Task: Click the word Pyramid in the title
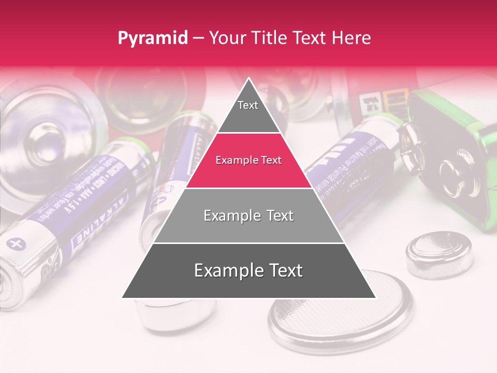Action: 152,38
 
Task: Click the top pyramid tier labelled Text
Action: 248,109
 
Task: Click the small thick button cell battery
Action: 439,254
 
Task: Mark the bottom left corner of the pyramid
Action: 123,297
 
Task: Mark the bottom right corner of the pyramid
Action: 375,297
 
